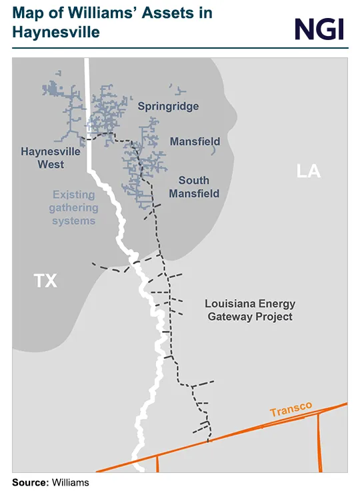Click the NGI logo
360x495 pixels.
[319, 28]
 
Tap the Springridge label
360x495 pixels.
[168, 106]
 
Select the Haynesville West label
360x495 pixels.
[51, 157]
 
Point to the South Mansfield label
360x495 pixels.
[194, 187]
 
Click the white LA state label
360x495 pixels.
[309, 171]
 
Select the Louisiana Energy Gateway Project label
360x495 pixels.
[250, 310]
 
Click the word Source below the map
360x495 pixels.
[29, 482]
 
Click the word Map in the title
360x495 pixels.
[29, 13]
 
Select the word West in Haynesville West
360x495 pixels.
[51, 164]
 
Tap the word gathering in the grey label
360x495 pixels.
[74, 207]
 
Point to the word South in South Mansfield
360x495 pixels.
[194, 180]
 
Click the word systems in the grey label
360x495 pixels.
[74, 220]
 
